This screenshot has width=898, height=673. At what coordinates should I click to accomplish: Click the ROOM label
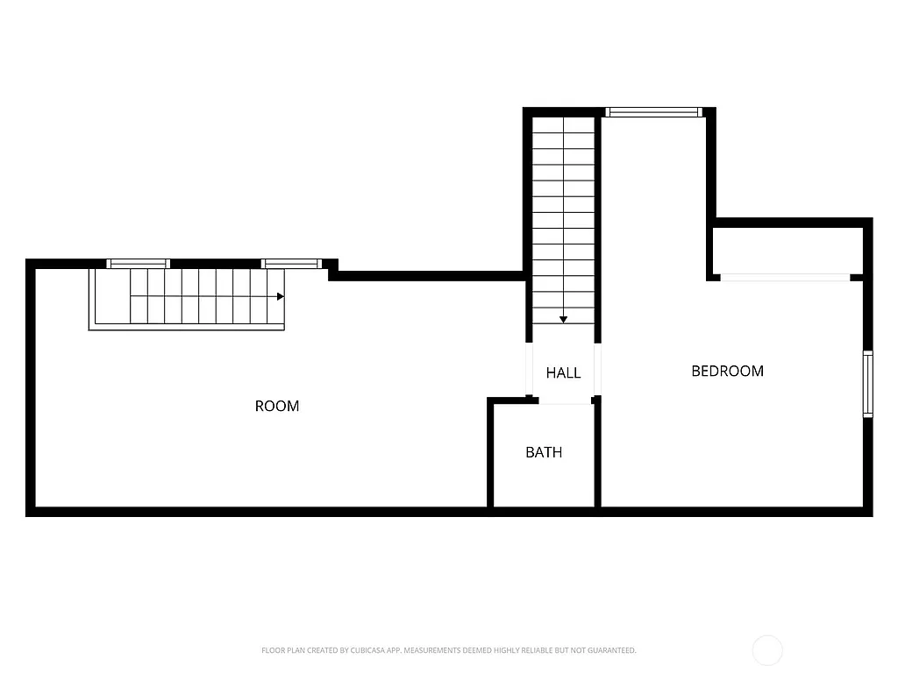(x=277, y=406)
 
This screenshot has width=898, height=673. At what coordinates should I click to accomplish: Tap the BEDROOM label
(x=727, y=371)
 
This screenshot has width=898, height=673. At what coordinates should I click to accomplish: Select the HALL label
(x=563, y=372)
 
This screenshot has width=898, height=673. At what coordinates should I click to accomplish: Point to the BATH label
(x=544, y=452)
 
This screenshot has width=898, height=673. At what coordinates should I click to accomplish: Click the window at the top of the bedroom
(x=654, y=112)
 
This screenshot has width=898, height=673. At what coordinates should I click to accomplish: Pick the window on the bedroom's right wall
(x=868, y=384)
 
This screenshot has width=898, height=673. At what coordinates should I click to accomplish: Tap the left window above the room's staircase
(x=139, y=263)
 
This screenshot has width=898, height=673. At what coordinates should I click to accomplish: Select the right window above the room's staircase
(x=291, y=263)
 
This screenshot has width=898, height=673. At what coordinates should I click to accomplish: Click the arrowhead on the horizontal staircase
(x=281, y=297)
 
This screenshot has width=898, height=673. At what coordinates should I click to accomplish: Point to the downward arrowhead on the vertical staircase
(x=563, y=320)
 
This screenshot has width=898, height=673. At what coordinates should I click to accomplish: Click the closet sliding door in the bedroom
(x=785, y=278)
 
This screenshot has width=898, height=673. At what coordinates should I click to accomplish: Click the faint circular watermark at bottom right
(x=767, y=650)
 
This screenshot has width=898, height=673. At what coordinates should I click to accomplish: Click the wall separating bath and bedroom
(x=597, y=456)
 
